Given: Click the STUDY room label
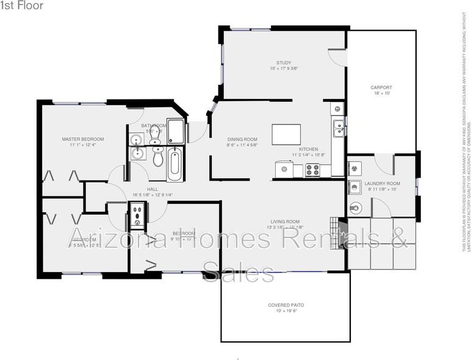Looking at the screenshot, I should click(283, 63).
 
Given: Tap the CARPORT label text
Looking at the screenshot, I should click(381, 87).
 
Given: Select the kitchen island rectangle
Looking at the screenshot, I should click(286, 134).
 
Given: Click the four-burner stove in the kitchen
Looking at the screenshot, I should click(312, 169).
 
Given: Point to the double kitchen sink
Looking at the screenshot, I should click(338, 128).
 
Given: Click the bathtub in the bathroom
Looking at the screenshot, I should click(174, 163).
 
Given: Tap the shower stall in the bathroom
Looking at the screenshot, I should click(176, 130).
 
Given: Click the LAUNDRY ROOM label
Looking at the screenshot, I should click(383, 184).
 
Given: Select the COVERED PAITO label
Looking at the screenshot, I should click(286, 305).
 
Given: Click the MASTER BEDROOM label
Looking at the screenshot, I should click(83, 139).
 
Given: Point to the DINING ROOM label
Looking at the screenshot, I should click(242, 139).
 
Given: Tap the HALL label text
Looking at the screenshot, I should click(153, 189).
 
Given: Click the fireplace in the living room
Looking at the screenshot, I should click(342, 232).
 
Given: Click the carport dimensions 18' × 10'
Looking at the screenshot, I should click(381, 93).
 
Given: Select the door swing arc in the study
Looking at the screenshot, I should click(336, 56).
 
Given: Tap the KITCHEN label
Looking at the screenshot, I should click(308, 149).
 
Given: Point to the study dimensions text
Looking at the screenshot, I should click(283, 69).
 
